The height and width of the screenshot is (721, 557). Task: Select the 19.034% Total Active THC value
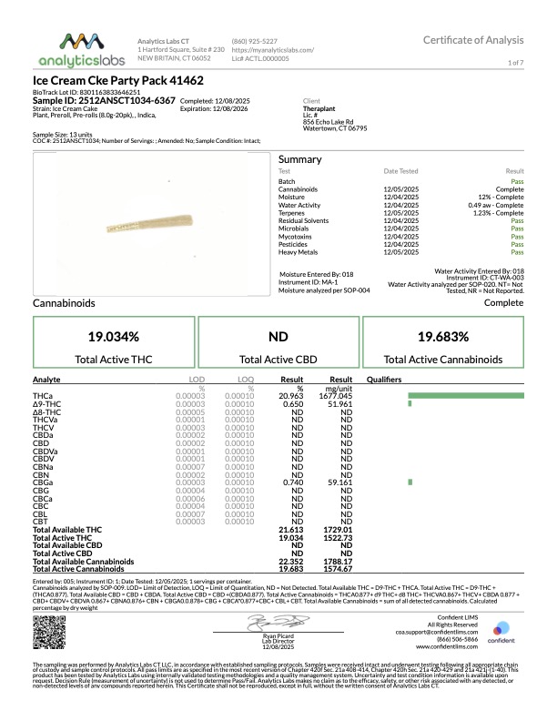coord(114,336)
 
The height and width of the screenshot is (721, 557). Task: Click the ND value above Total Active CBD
coord(278,336)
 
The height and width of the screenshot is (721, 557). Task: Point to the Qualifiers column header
coord(384,378)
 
